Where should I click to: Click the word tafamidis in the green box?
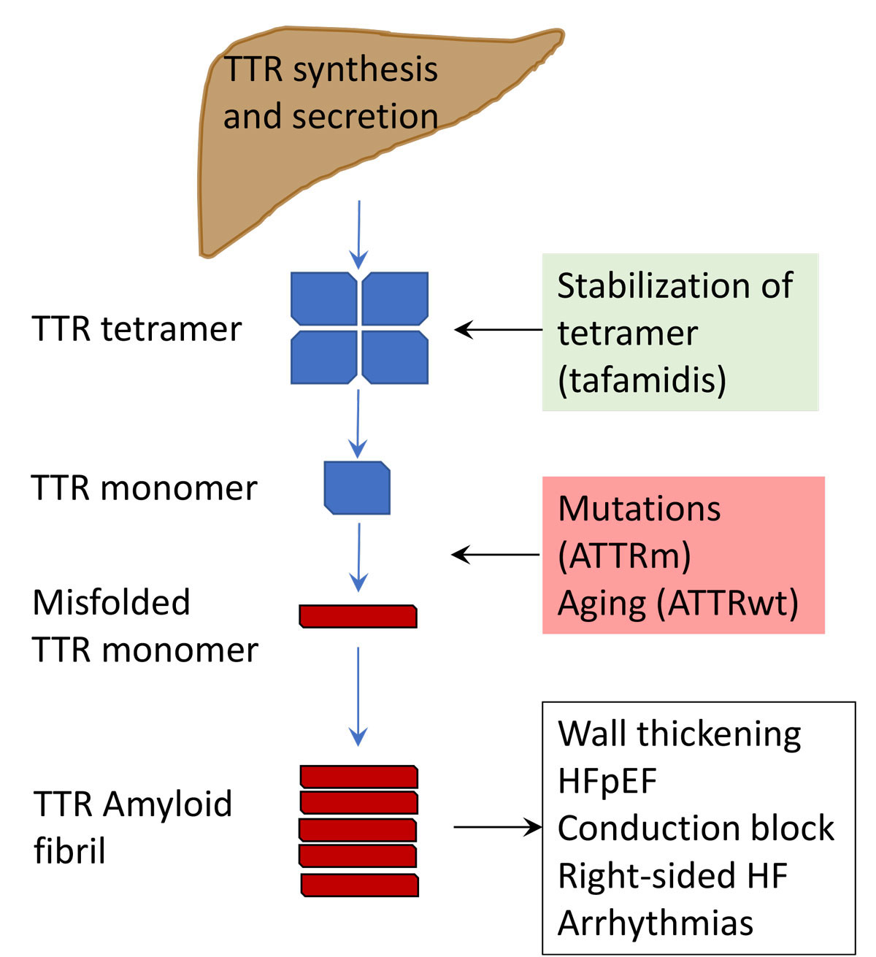(x=642, y=380)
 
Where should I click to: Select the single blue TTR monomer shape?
(x=357, y=488)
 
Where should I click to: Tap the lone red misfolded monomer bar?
(x=358, y=616)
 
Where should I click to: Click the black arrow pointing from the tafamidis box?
(x=498, y=330)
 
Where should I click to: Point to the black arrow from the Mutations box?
(x=496, y=556)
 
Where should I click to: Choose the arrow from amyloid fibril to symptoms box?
(x=497, y=827)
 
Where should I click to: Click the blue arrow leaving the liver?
(x=358, y=234)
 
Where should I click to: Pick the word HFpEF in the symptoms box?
(x=607, y=781)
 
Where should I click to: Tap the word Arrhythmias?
(x=655, y=923)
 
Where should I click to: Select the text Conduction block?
(x=696, y=829)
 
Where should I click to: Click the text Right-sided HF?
(x=672, y=876)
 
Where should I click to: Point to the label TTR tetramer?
(x=137, y=329)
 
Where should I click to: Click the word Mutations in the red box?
(x=639, y=509)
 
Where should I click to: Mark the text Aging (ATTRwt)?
(x=677, y=604)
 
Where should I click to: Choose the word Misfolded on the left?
(x=111, y=603)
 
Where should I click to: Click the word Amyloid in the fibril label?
(x=167, y=804)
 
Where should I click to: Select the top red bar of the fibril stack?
(x=358, y=777)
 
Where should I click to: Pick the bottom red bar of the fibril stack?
(x=359, y=885)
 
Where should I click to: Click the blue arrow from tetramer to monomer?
(x=358, y=422)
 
